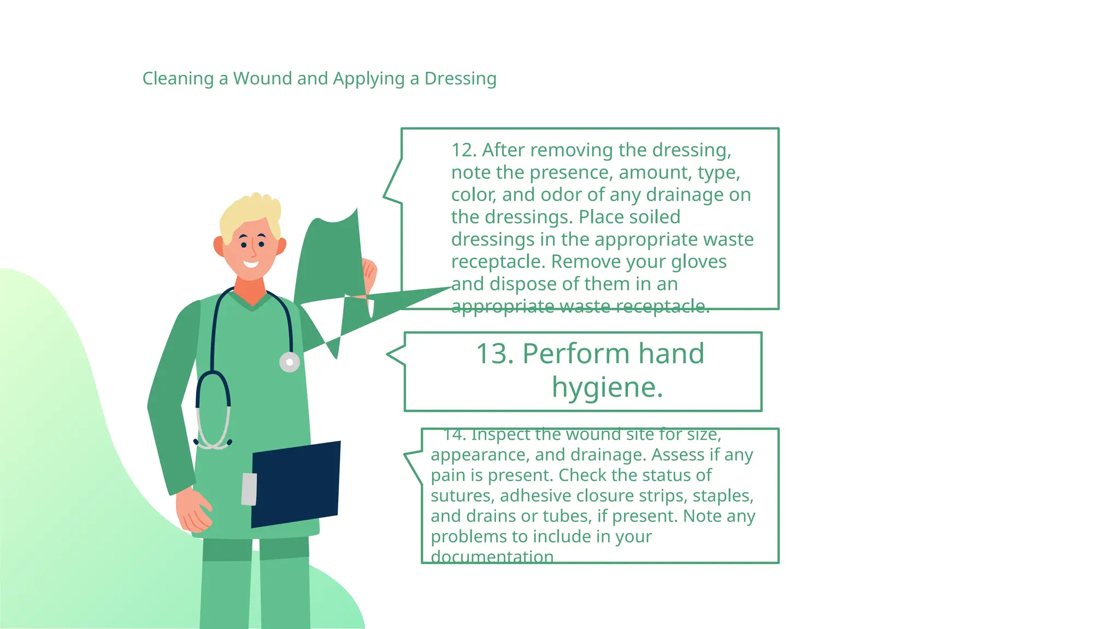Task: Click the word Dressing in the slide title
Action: (x=460, y=79)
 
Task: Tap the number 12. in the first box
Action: (x=464, y=150)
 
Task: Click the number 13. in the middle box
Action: (x=495, y=354)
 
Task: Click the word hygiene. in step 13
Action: (x=607, y=388)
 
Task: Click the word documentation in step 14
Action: (x=492, y=557)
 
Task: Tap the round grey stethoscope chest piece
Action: (x=290, y=362)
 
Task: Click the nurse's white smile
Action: (x=251, y=265)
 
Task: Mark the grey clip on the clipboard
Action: (x=249, y=489)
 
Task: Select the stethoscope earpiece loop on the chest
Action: (x=213, y=410)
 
